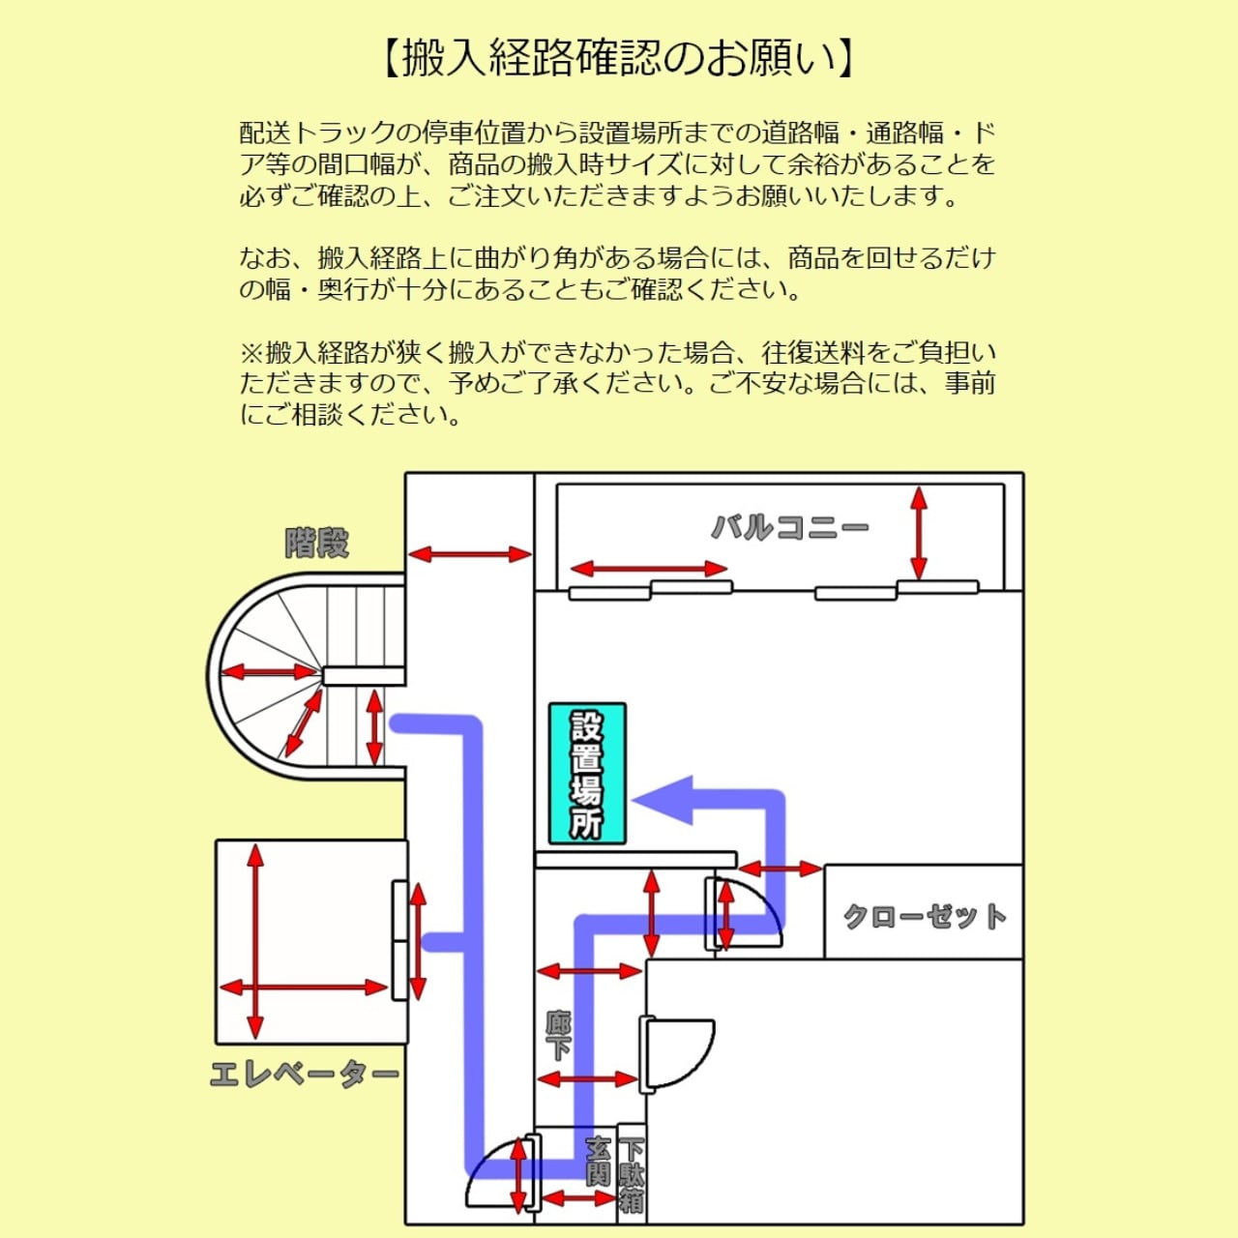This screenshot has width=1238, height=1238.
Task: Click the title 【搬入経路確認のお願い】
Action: coord(619,58)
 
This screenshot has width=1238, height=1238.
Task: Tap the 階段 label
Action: coord(316,544)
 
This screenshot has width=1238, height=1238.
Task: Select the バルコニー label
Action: coord(789,528)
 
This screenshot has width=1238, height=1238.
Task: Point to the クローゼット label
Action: coord(924,915)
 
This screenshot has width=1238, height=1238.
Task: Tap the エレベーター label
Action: coord(304,1075)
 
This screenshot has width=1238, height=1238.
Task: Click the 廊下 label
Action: coord(558,1036)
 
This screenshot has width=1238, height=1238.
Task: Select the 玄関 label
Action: coord(599,1161)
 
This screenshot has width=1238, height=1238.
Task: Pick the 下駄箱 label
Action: coord(631,1174)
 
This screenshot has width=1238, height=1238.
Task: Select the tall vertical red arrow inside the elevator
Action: coord(255,941)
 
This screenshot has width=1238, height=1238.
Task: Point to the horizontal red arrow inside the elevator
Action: coord(304,987)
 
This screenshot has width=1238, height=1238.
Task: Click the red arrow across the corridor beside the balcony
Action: coord(469,555)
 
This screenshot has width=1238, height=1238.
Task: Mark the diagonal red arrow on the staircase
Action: coord(303,722)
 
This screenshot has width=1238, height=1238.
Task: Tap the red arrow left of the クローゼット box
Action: coord(780,870)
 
